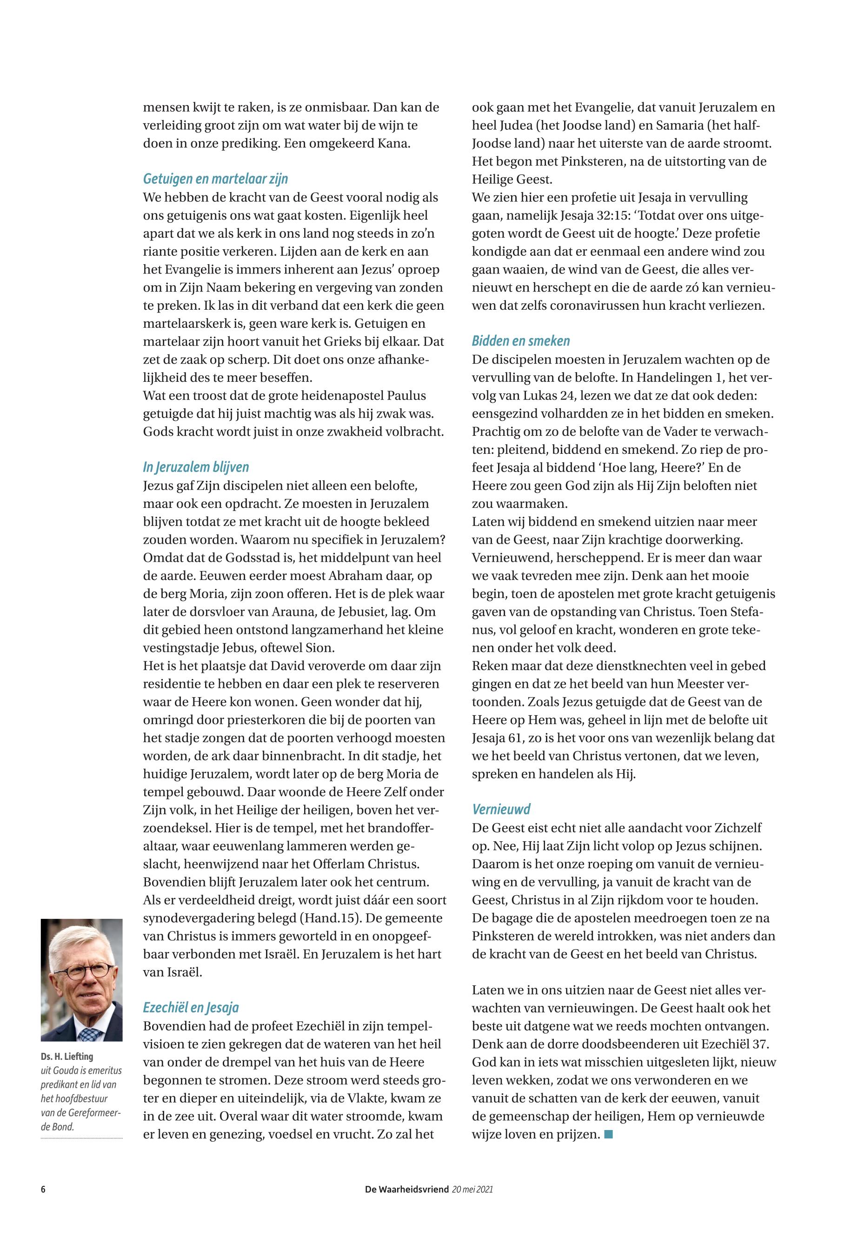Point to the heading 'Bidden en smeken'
[x=520, y=341]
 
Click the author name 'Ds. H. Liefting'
[x=67, y=1056]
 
